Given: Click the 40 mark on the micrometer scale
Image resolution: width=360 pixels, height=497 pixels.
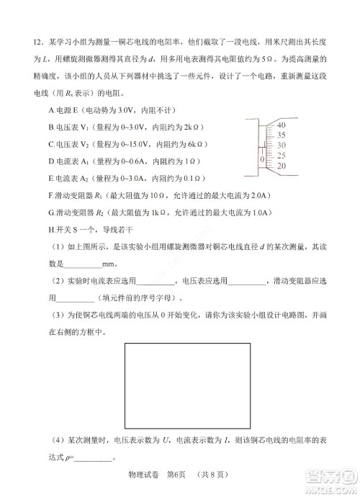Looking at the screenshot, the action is [280, 125].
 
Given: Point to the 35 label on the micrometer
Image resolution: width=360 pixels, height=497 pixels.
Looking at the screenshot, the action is [280, 135].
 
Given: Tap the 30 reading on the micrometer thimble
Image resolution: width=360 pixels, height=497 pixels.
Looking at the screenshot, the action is [280, 145].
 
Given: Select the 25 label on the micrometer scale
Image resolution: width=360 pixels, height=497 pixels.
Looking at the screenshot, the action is [280, 155].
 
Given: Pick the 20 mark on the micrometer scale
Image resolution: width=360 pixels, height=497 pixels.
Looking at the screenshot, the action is [280, 166].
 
